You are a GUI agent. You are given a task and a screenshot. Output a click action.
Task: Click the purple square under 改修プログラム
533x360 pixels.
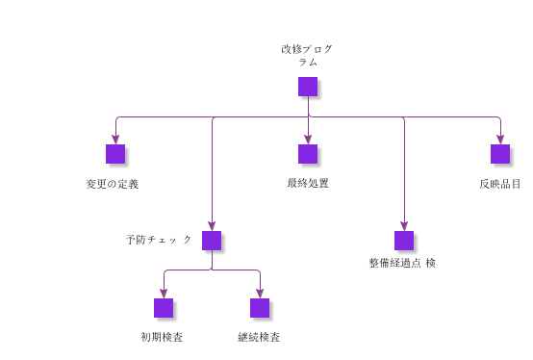pyautogui.click(x=308, y=87)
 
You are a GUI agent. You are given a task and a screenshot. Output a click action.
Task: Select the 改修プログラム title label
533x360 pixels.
pyautogui.click(x=308, y=55)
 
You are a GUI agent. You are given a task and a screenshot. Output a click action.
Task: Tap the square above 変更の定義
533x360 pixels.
pyautogui.click(x=115, y=154)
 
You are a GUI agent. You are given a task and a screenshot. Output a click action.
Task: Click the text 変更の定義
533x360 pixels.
pyautogui.click(x=113, y=184)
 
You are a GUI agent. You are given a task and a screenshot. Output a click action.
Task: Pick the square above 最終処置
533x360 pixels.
pyautogui.click(x=308, y=154)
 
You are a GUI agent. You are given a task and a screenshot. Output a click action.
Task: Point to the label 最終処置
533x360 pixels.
pyautogui.click(x=308, y=183)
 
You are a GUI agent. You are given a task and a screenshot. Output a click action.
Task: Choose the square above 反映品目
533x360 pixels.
pyautogui.click(x=500, y=154)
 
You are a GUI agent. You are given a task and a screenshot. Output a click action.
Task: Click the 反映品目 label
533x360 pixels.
pyautogui.click(x=500, y=183)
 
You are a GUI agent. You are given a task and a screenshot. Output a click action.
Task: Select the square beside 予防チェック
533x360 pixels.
pyautogui.click(x=212, y=241)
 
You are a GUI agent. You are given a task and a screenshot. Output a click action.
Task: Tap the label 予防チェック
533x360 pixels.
pyautogui.click(x=159, y=239)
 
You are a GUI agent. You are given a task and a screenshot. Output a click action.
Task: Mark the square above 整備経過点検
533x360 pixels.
pyautogui.click(x=404, y=241)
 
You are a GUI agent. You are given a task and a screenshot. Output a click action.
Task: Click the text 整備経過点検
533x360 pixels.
pyautogui.click(x=402, y=263)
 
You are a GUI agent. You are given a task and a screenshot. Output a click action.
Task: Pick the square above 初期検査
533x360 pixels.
pyautogui.click(x=164, y=308)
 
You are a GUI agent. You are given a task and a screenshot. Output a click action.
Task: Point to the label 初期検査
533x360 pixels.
pyautogui.click(x=163, y=337)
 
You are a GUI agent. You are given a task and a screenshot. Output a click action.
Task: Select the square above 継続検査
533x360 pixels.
pyautogui.click(x=260, y=308)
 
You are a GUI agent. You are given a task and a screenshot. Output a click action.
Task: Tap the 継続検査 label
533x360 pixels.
pyautogui.click(x=260, y=337)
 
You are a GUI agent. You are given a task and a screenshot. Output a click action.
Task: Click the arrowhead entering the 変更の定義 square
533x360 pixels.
pyautogui.click(x=115, y=141)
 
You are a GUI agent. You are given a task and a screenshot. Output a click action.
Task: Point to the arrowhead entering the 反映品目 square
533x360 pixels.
pyautogui.click(x=500, y=141)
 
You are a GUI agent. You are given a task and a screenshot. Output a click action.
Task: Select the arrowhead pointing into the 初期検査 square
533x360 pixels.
pyautogui.click(x=164, y=295)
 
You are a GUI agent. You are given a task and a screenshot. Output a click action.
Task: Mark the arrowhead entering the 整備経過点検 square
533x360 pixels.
pyautogui.click(x=404, y=227)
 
